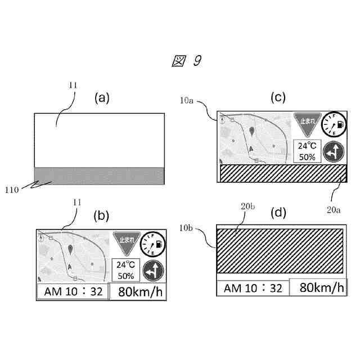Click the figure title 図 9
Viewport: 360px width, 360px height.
tap(186, 61)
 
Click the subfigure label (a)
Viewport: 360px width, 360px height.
tap(101, 98)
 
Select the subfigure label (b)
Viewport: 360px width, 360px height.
tap(102, 215)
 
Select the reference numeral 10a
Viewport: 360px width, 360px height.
tap(188, 100)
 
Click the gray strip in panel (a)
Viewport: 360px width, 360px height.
tap(99, 176)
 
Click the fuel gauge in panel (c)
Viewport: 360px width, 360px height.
tap(331, 125)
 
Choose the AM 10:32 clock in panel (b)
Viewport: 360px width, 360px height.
tap(73, 292)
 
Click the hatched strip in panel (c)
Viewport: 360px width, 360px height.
tap(282, 173)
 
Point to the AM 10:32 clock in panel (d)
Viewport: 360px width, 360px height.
tap(253, 288)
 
